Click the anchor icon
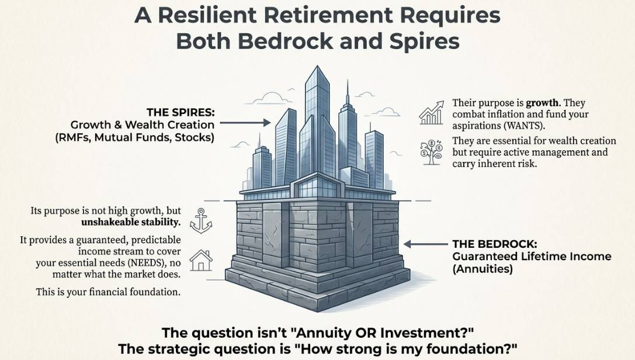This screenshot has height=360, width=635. click(x=201, y=221)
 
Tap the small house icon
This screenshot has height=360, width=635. click(x=201, y=260)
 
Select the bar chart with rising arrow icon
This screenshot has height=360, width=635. click(x=431, y=113)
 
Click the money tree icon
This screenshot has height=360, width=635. click(x=431, y=152)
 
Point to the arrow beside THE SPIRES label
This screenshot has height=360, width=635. click(x=245, y=122)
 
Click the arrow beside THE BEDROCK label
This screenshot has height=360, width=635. click(x=426, y=244)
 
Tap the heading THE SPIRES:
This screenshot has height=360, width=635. click(x=181, y=112)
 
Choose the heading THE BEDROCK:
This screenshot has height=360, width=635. click(x=495, y=244)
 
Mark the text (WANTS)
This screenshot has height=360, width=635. click(x=525, y=126)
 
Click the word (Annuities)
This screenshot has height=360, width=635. click(x=483, y=269)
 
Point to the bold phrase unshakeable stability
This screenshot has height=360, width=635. click(x=131, y=222)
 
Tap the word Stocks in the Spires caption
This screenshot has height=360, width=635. click(x=195, y=138)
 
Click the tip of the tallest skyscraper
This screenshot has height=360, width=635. click(x=318, y=66)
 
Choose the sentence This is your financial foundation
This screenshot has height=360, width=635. click(x=108, y=292)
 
